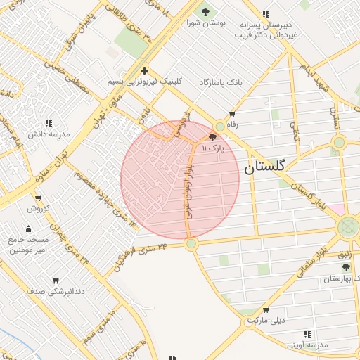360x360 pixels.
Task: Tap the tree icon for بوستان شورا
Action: [206, 11]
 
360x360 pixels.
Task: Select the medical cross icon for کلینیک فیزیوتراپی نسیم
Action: [144, 70]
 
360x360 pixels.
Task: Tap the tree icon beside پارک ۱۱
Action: [213, 137]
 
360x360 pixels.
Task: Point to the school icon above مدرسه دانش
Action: [49, 123]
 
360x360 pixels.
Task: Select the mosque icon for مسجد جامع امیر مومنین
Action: [27, 229]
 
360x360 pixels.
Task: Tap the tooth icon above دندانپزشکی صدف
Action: [56, 280]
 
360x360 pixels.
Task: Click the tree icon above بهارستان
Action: [345, 267]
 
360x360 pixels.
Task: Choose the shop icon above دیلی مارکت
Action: [265, 309]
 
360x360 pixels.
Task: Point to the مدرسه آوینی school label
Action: [307, 345]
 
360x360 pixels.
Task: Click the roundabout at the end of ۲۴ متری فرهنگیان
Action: [191, 243]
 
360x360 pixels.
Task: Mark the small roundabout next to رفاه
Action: [220, 126]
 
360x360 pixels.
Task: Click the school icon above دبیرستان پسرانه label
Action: [265, 14]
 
